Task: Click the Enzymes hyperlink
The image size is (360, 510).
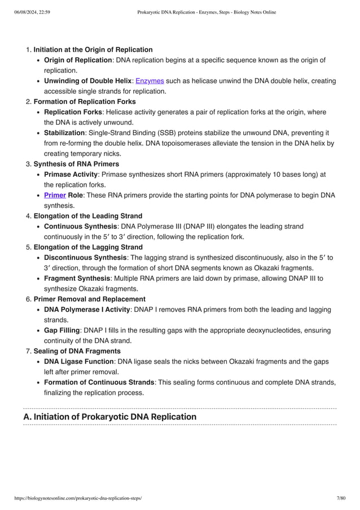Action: [x=150, y=81]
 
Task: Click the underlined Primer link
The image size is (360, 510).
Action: [x=55, y=195]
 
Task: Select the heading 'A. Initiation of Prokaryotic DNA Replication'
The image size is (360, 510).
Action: [x=110, y=417]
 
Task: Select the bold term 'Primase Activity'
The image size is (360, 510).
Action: [x=70, y=175]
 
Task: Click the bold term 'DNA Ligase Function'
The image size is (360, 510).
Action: [x=78, y=361]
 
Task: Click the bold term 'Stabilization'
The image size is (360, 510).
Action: [x=64, y=133]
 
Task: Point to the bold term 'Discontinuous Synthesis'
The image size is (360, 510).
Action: [x=85, y=258]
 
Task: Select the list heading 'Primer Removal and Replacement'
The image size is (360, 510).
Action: [x=89, y=299]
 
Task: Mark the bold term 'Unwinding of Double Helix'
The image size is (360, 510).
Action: [x=87, y=81]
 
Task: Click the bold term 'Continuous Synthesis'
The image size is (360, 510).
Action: [x=80, y=226]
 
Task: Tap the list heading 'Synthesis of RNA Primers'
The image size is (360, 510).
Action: [x=76, y=164]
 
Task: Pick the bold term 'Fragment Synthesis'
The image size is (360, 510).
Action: [x=77, y=278]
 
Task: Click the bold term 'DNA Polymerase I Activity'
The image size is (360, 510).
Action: [x=87, y=310]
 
